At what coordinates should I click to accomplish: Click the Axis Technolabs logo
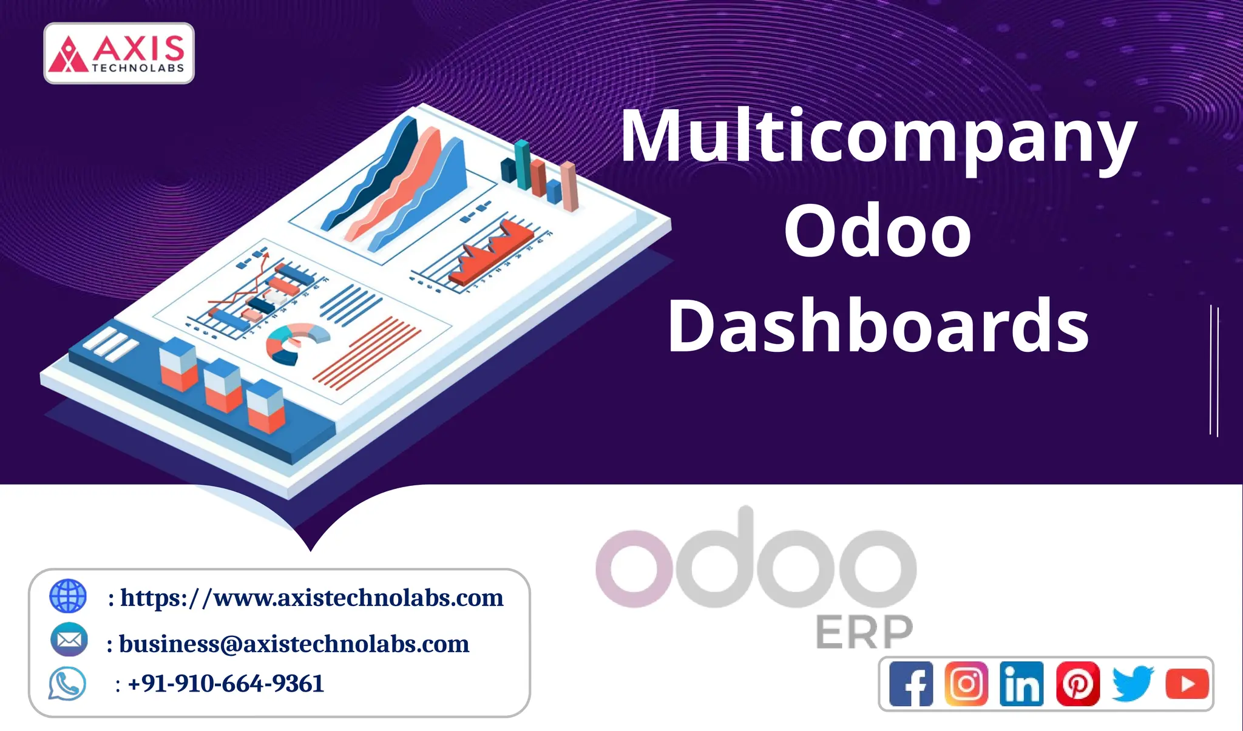point(119,53)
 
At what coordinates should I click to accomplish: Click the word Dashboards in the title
point(878,326)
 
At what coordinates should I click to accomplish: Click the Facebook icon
point(911,684)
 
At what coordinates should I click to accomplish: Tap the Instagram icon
point(966,684)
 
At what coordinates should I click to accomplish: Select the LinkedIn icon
point(1021,684)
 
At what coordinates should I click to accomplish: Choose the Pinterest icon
point(1077,684)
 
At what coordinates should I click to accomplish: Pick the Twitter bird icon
point(1133,684)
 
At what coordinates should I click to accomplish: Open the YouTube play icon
point(1187,684)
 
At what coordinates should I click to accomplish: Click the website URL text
point(312,598)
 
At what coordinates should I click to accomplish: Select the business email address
point(294,644)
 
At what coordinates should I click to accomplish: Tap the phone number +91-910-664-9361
point(226,684)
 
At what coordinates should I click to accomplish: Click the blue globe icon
point(68,596)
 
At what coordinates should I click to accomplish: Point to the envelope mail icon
point(69,639)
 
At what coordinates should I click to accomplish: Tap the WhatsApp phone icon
point(67,684)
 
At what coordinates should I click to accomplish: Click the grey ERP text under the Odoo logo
point(864,632)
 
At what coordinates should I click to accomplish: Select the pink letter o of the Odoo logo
point(634,568)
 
